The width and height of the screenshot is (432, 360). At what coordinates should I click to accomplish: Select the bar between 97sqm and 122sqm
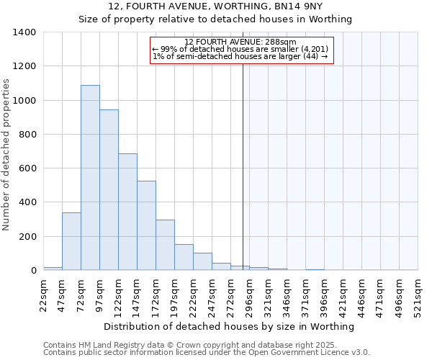click(x=109, y=190)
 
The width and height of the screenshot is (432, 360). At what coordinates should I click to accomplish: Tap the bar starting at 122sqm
click(x=127, y=212)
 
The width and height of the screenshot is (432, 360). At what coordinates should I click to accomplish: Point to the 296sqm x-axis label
click(x=249, y=295)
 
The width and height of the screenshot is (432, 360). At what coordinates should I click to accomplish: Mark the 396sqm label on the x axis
click(x=324, y=295)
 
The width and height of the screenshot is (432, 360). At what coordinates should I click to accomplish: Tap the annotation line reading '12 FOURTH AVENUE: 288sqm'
click(x=240, y=42)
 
